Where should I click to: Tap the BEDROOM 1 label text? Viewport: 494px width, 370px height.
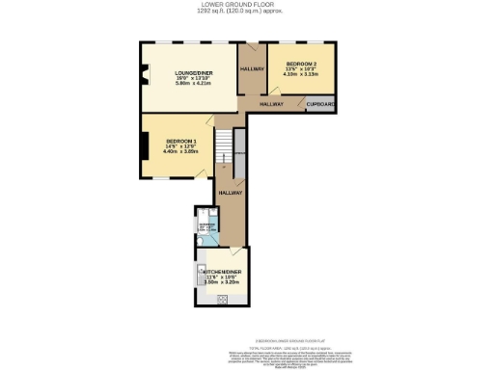pyautogui.click(x=178, y=143)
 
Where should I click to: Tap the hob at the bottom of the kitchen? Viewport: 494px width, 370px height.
pyautogui.click(x=221, y=299)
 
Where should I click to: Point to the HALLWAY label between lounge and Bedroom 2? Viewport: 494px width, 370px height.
pyautogui.click(x=253, y=69)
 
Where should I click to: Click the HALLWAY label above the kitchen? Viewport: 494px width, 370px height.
pyautogui.click(x=230, y=193)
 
